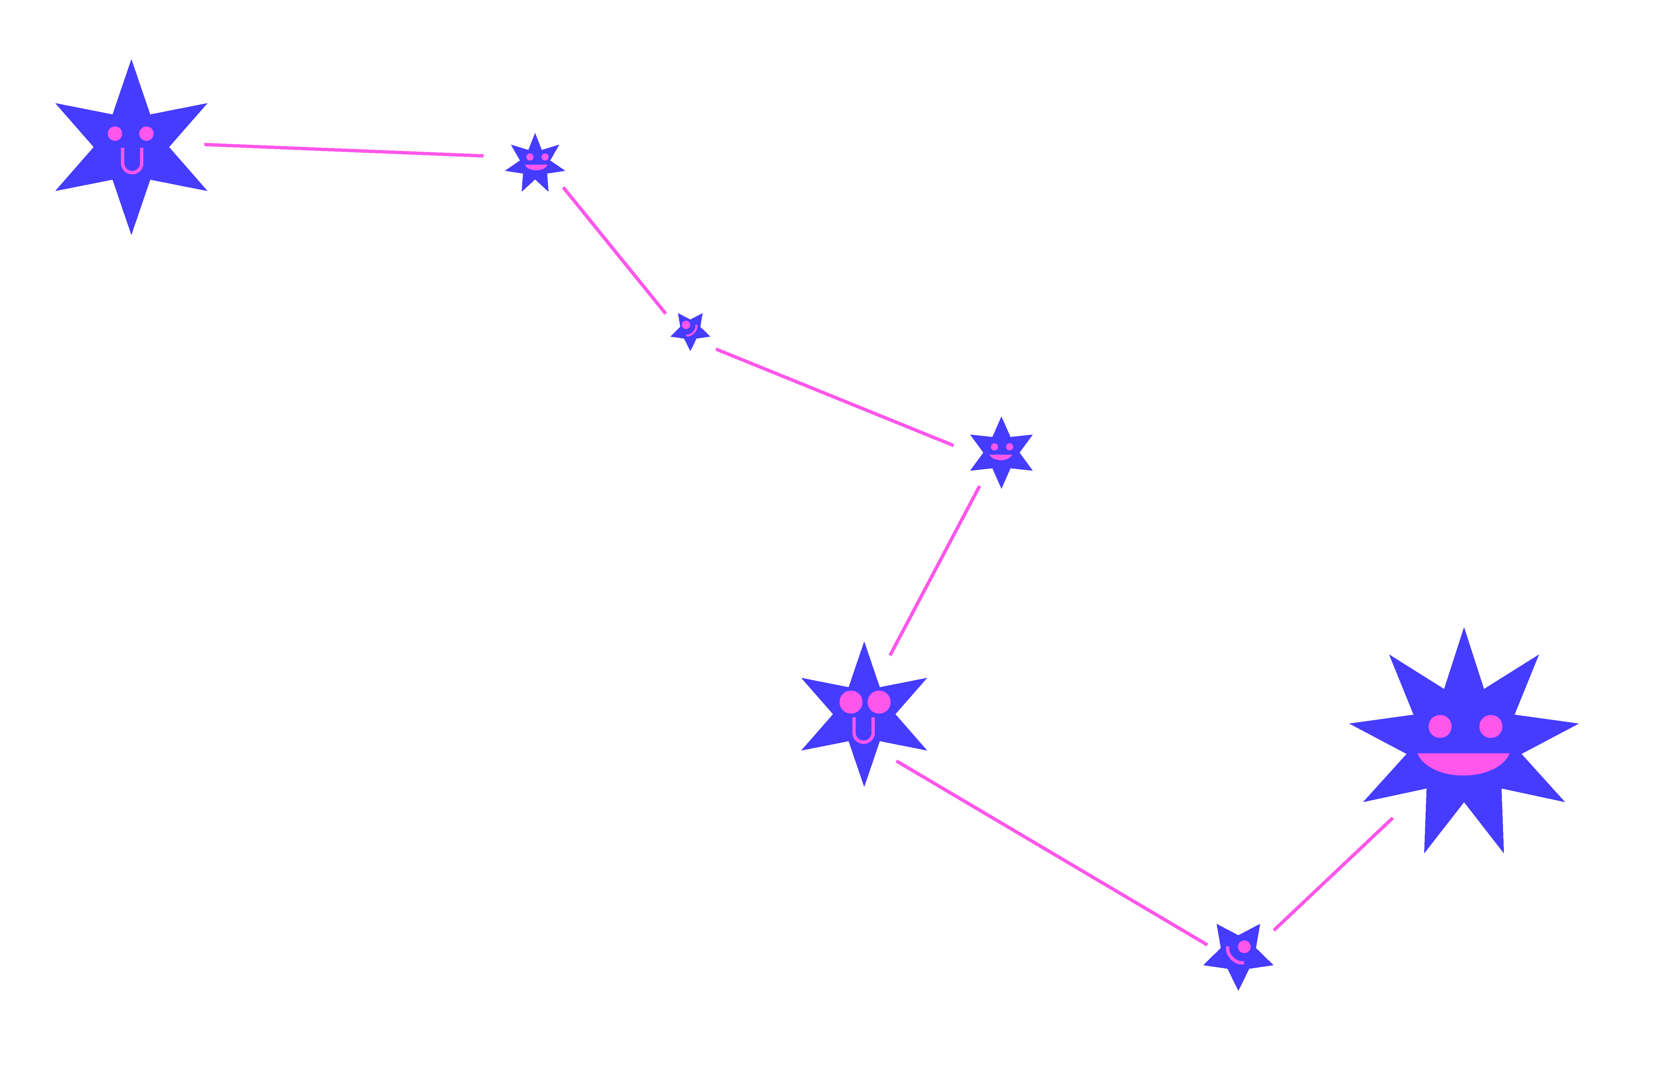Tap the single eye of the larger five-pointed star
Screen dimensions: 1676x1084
1244,947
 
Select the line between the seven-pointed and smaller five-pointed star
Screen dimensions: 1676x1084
614,250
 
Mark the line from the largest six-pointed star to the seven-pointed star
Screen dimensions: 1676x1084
343,150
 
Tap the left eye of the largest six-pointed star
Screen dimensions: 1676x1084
115,134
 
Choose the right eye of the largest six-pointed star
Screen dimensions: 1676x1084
146,134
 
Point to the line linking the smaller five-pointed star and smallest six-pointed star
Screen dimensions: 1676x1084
834,397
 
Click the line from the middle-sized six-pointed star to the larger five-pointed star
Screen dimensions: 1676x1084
1052,853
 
